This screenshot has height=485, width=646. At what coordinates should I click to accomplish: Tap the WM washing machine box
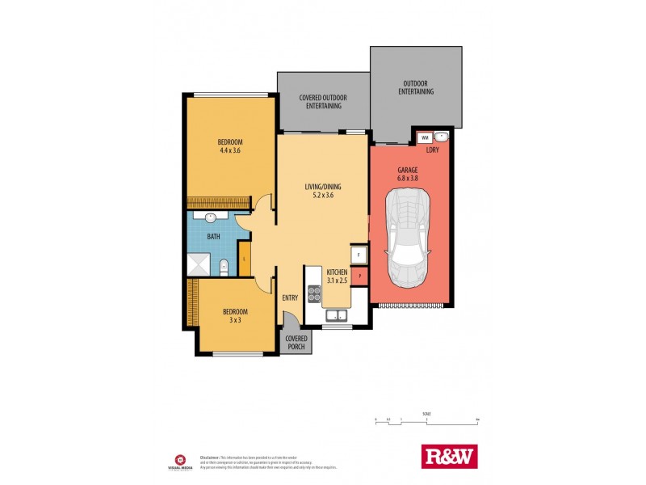(x=425, y=138)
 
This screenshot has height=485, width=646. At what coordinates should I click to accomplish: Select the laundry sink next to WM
(x=443, y=137)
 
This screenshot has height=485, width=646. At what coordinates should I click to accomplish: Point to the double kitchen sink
(x=338, y=316)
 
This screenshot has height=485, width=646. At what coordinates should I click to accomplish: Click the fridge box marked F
(x=360, y=255)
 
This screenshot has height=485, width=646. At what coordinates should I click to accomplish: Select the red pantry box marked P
(x=361, y=276)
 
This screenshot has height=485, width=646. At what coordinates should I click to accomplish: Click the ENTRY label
(x=290, y=297)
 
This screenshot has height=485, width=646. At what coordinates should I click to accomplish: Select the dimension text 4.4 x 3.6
(x=230, y=150)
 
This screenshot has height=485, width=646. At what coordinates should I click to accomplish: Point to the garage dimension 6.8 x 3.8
(x=408, y=179)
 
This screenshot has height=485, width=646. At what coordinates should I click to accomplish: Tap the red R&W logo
(x=450, y=457)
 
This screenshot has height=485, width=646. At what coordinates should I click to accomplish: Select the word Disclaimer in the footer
(x=211, y=452)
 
